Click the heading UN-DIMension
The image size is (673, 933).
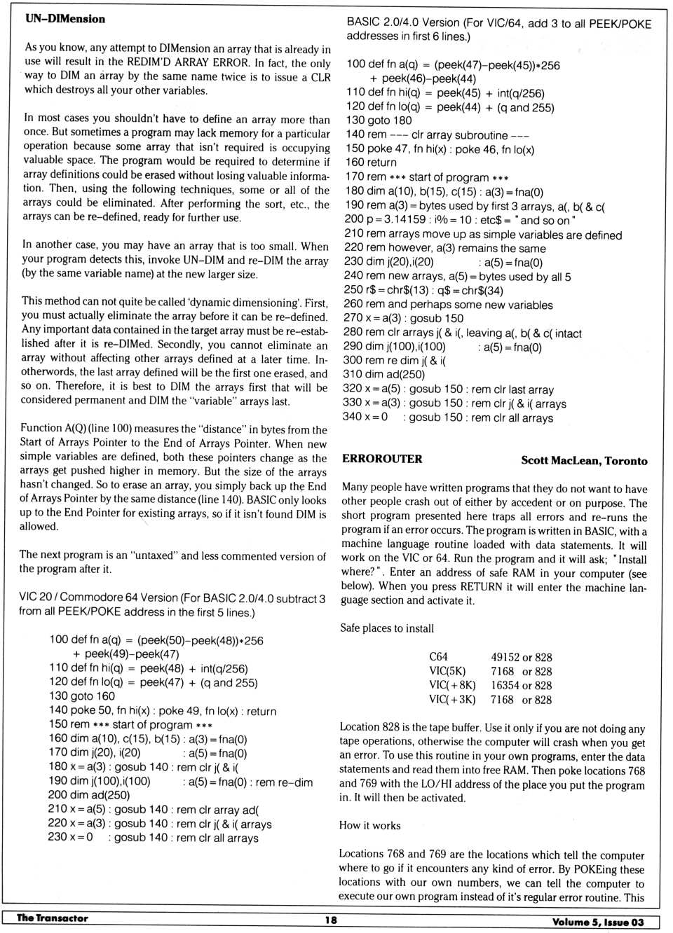65,19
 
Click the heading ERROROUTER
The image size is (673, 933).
382,459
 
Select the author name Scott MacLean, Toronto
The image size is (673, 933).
583,460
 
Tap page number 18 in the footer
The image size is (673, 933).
331,920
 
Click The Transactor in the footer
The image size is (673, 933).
53,918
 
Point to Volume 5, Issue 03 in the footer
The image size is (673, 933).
597,922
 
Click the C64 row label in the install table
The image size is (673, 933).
438,657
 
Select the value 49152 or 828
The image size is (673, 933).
521,657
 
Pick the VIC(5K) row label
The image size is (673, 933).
447,671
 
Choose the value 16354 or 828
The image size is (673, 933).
521,685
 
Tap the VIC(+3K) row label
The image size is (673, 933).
452,699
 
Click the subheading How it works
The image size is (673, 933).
369,825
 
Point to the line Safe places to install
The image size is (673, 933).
387,628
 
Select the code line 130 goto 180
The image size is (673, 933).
379,120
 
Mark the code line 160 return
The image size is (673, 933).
372,162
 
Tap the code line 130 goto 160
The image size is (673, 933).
82,696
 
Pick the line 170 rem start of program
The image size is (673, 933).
427,177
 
